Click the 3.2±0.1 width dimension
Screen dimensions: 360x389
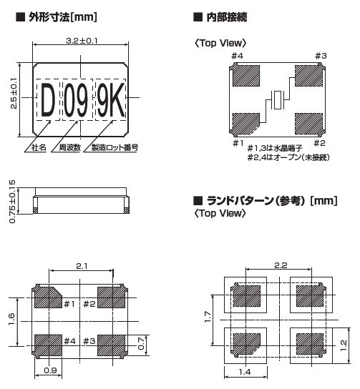point(82,41)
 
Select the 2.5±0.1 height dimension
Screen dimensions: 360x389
point(14,94)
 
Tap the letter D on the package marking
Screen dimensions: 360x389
point(48,100)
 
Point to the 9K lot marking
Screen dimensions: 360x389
point(110,100)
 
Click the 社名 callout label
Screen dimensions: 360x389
point(39,147)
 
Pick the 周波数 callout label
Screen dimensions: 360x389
point(69,147)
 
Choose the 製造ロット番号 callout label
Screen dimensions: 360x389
point(115,147)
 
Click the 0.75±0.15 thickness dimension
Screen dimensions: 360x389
point(12,202)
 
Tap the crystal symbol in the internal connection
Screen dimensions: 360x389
point(278,100)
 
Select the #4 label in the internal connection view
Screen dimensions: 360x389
point(237,56)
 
